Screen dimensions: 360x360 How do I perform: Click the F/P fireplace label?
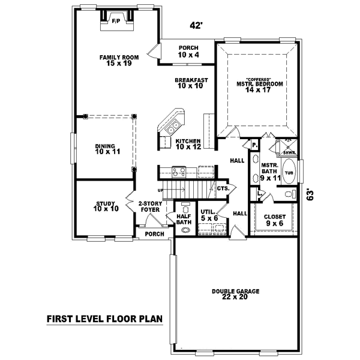(115, 21)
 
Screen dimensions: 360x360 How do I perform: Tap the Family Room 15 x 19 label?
(119, 60)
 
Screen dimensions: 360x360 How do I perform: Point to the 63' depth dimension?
(310, 195)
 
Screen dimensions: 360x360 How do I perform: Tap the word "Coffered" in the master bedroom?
(259, 79)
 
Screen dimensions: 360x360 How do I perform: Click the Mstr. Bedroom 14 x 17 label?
(259, 87)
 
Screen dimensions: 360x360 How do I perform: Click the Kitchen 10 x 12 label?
(188, 143)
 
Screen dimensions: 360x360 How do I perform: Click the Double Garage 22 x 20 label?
(235, 295)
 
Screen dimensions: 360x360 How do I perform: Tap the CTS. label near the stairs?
(223, 188)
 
